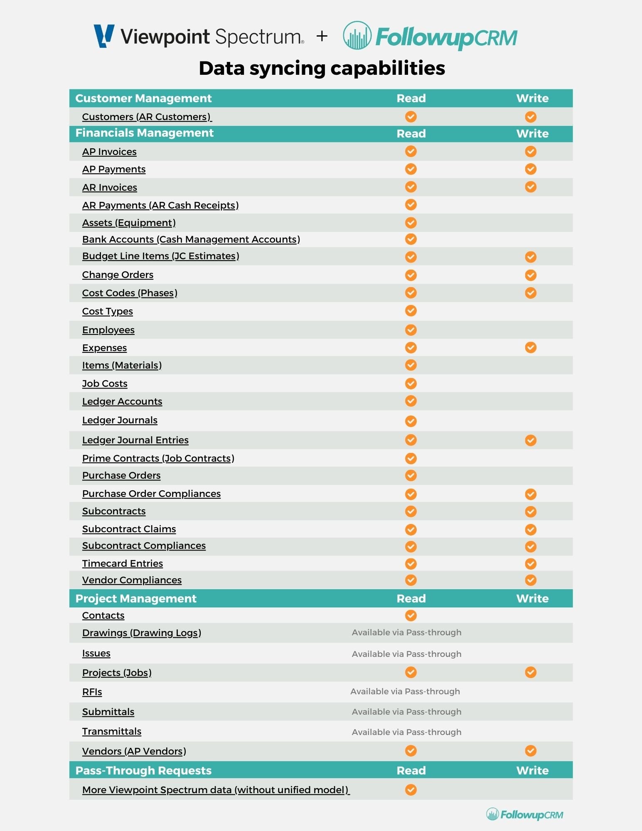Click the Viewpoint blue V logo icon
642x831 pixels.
click(104, 36)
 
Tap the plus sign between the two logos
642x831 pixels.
click(322, 36)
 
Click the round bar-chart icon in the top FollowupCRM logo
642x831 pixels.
click(357, 36)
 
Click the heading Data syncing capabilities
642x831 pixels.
click(322, 68)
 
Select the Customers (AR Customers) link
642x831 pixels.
click(147, 117)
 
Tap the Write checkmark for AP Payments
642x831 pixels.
click(530, 169)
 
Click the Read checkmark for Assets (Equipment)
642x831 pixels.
click(411, 223)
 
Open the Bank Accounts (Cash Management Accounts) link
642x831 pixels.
click(191, 239)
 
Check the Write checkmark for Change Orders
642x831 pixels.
click(530, 275)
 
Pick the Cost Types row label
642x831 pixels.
click(107, 311)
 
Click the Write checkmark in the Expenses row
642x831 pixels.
click(530, 347)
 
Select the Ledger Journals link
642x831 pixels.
click(120, 420)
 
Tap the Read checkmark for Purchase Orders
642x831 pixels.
click(411, 475)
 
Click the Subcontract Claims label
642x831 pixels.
click(129, 529)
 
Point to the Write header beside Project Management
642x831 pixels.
click(532, 598)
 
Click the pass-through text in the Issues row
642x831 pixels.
click(406, 654)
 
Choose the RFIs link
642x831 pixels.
click(92, 692)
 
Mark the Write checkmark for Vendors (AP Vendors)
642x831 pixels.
click(530, 751)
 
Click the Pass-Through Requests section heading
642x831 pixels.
click(143, 770)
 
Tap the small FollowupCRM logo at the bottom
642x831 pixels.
click(524, 814)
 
